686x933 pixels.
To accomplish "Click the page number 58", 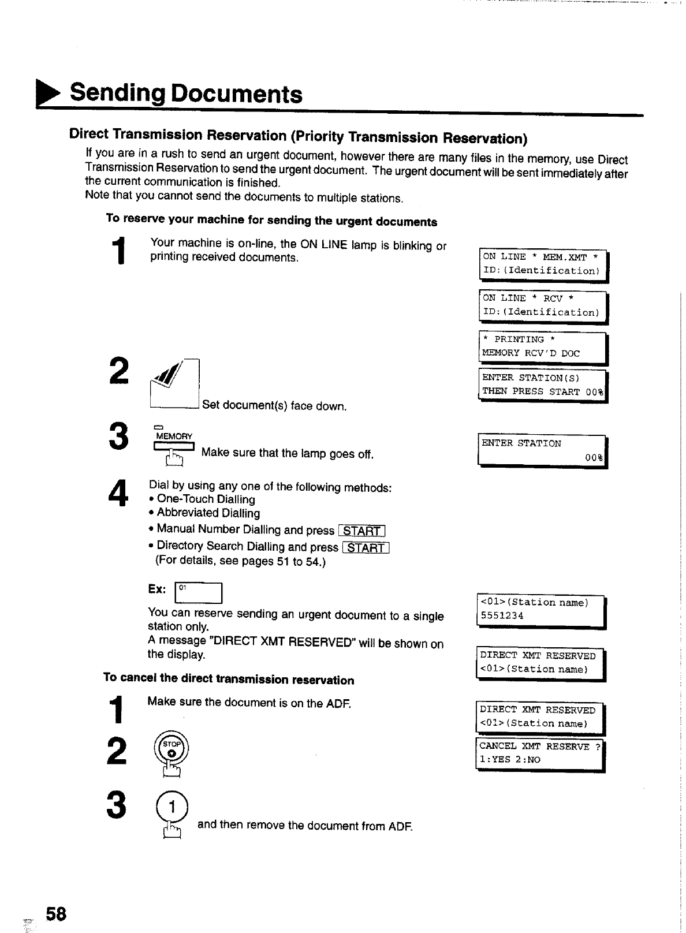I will tap(57, 914).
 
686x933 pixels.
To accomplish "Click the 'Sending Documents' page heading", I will tap(185, 94).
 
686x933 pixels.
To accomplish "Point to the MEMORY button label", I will tap(173, 436).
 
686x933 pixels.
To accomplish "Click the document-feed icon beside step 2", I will tap(174, 383).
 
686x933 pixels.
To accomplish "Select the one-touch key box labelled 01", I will tap(198, 592).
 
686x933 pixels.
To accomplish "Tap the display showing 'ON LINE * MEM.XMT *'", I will tap(543, 264).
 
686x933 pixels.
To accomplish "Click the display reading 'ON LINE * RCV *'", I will tap(543, 305).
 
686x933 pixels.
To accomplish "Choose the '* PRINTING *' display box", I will tap(542, 347).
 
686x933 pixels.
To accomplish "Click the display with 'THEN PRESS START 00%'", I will tap(542, 385).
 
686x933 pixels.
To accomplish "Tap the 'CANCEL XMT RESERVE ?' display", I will tap(539, 753).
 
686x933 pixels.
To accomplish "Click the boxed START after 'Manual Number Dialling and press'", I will tap(363, 531).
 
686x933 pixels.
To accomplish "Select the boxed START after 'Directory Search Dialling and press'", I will tap(366, 547).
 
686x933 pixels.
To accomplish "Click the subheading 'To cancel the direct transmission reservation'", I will tap(229, 678).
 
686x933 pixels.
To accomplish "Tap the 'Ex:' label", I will tap(157, 589).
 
